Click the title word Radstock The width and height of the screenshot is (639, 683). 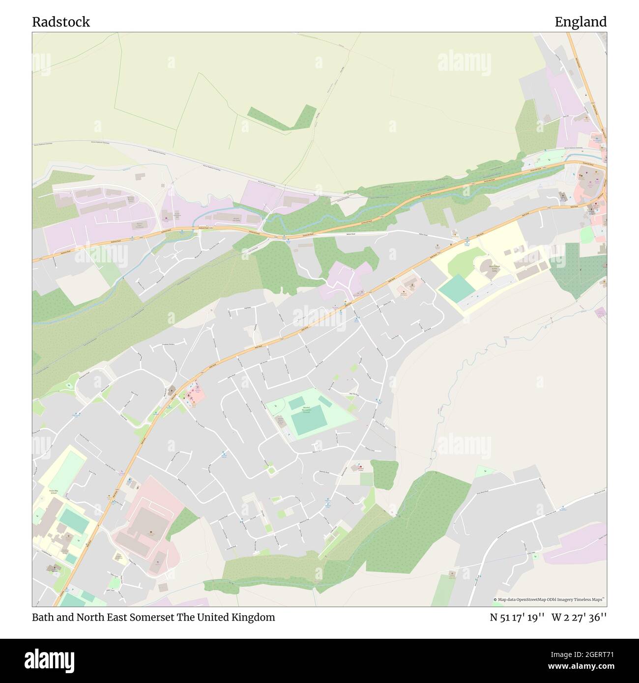(61, 22)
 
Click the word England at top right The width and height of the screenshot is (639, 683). (581, 22)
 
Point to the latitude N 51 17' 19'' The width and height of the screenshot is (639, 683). (517, 617)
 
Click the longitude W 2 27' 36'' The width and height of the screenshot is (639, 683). (579, 617)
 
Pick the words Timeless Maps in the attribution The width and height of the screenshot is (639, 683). (590, 599)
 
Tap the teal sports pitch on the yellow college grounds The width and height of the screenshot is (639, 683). (457, 289)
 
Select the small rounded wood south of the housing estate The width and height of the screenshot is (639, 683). (384, 474)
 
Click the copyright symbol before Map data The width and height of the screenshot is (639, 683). (495, 599)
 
